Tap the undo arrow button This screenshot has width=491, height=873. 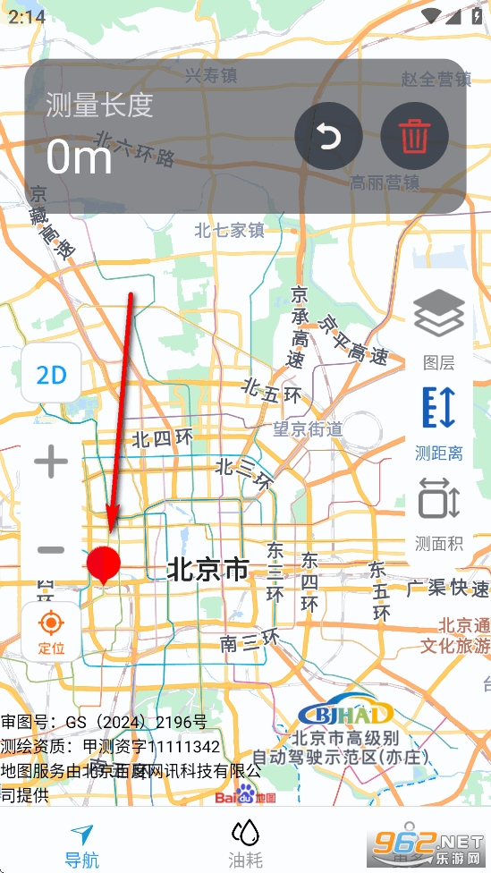328,137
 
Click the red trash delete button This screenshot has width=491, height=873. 414,137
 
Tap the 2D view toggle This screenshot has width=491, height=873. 51,375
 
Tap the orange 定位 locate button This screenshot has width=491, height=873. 51,630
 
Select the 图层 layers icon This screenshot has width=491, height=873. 438,318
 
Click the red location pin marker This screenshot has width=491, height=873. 104,565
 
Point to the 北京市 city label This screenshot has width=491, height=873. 207,570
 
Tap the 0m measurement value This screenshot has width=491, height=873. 79,157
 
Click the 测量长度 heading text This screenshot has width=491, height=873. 99,106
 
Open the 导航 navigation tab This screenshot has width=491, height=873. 81,845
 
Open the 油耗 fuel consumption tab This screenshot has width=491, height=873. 245,845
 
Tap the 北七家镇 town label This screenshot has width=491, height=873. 230,231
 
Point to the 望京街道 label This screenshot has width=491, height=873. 308,429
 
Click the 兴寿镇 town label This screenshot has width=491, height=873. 211,76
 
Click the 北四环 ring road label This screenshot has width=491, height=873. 162,438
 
